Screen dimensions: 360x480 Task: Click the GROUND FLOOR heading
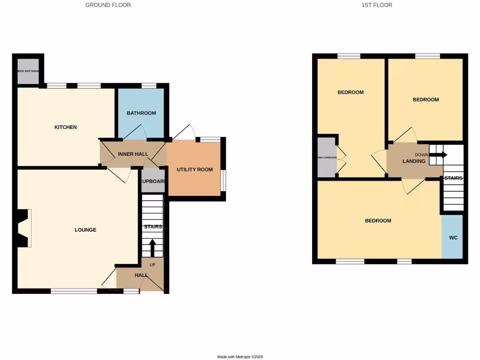coord(108,5)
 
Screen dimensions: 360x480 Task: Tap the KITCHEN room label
coord(66,127)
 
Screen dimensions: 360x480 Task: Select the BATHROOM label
coord(141,113)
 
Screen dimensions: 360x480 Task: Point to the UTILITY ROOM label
coord(195,170)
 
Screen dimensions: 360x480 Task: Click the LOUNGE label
coord(85,230)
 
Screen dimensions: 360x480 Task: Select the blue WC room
coord(453,237)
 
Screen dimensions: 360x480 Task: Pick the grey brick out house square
coord(28,72)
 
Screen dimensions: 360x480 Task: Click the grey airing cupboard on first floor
coord(326,157)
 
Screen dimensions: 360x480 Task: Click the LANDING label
coord(414,161)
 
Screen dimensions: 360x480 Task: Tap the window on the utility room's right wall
coord(223,180)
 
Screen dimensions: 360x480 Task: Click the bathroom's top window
coord(149,85)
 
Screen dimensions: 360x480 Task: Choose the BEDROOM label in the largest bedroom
coord(378,221)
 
